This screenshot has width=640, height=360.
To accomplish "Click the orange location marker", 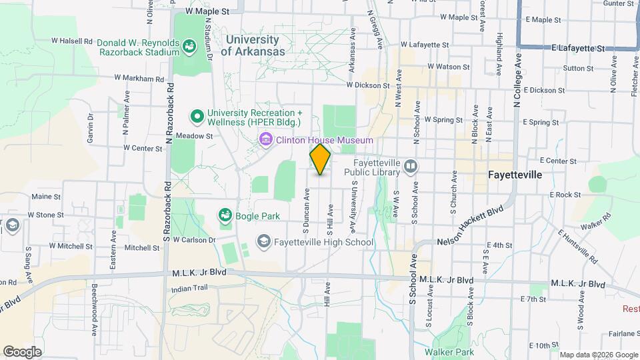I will coord(321,159).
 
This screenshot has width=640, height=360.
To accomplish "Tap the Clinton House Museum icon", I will coord(265,140).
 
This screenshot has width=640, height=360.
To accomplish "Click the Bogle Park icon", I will coord(225,215).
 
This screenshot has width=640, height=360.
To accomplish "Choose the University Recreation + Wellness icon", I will coord(197,117).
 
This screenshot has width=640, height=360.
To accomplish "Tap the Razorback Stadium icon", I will coord(189,47).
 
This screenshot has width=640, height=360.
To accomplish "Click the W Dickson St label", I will coord(367,85).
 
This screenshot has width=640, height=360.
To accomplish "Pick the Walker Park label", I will coord(450,351).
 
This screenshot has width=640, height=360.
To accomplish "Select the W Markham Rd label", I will coord(139,78).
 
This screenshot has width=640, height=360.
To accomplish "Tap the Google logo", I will coord(22,351).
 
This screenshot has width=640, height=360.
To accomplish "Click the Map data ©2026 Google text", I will coord(599,355).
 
